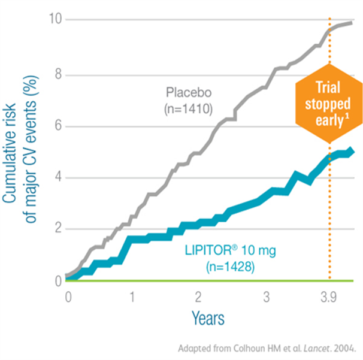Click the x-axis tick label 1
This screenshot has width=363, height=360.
click(x=132, y=297)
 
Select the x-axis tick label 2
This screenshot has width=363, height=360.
click(x=198, y=297)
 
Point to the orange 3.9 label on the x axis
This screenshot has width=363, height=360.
click(x=329, y=297)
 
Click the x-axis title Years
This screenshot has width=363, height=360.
click(x=208, y=317)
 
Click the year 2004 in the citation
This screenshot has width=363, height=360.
click(x=344, y=347)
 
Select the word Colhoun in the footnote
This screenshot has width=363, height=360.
click(x=240, y=347)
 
